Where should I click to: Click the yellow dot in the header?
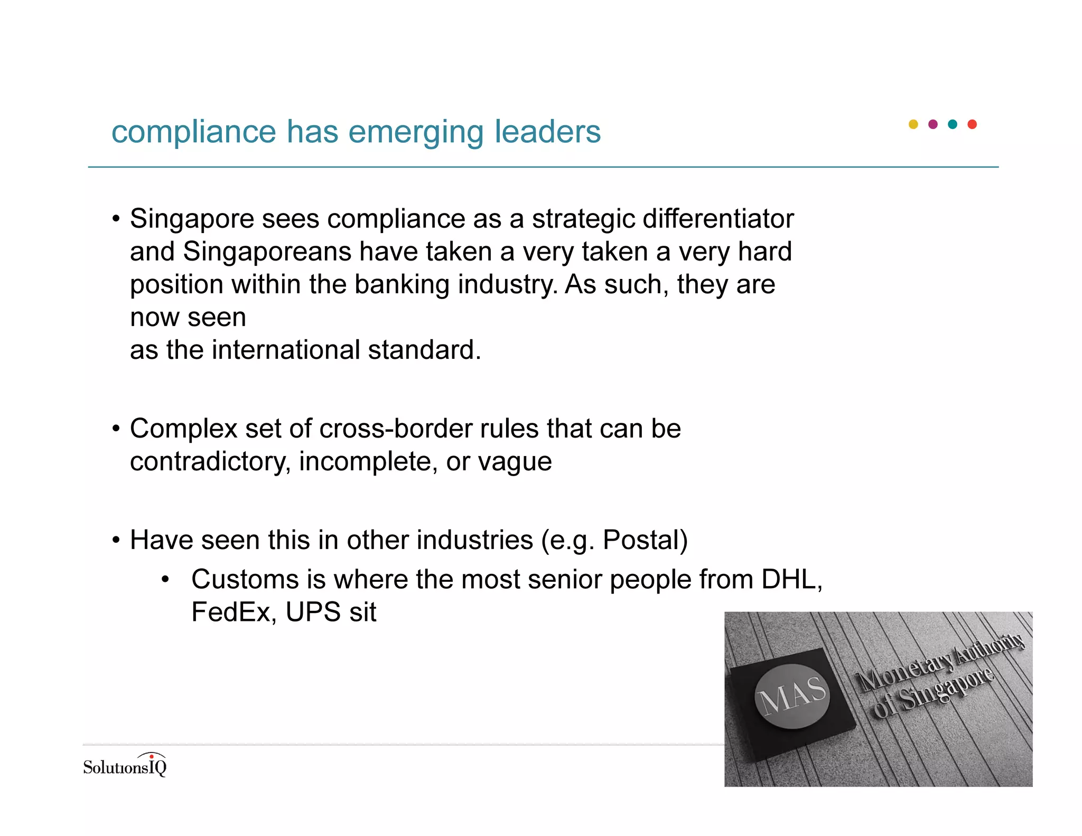913,124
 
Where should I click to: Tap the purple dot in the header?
932,124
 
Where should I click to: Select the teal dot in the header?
953,124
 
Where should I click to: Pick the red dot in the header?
972,124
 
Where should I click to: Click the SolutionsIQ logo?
125,765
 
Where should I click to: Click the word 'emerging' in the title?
416,132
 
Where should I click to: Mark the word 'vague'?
515,462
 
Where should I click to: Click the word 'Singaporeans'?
267,252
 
